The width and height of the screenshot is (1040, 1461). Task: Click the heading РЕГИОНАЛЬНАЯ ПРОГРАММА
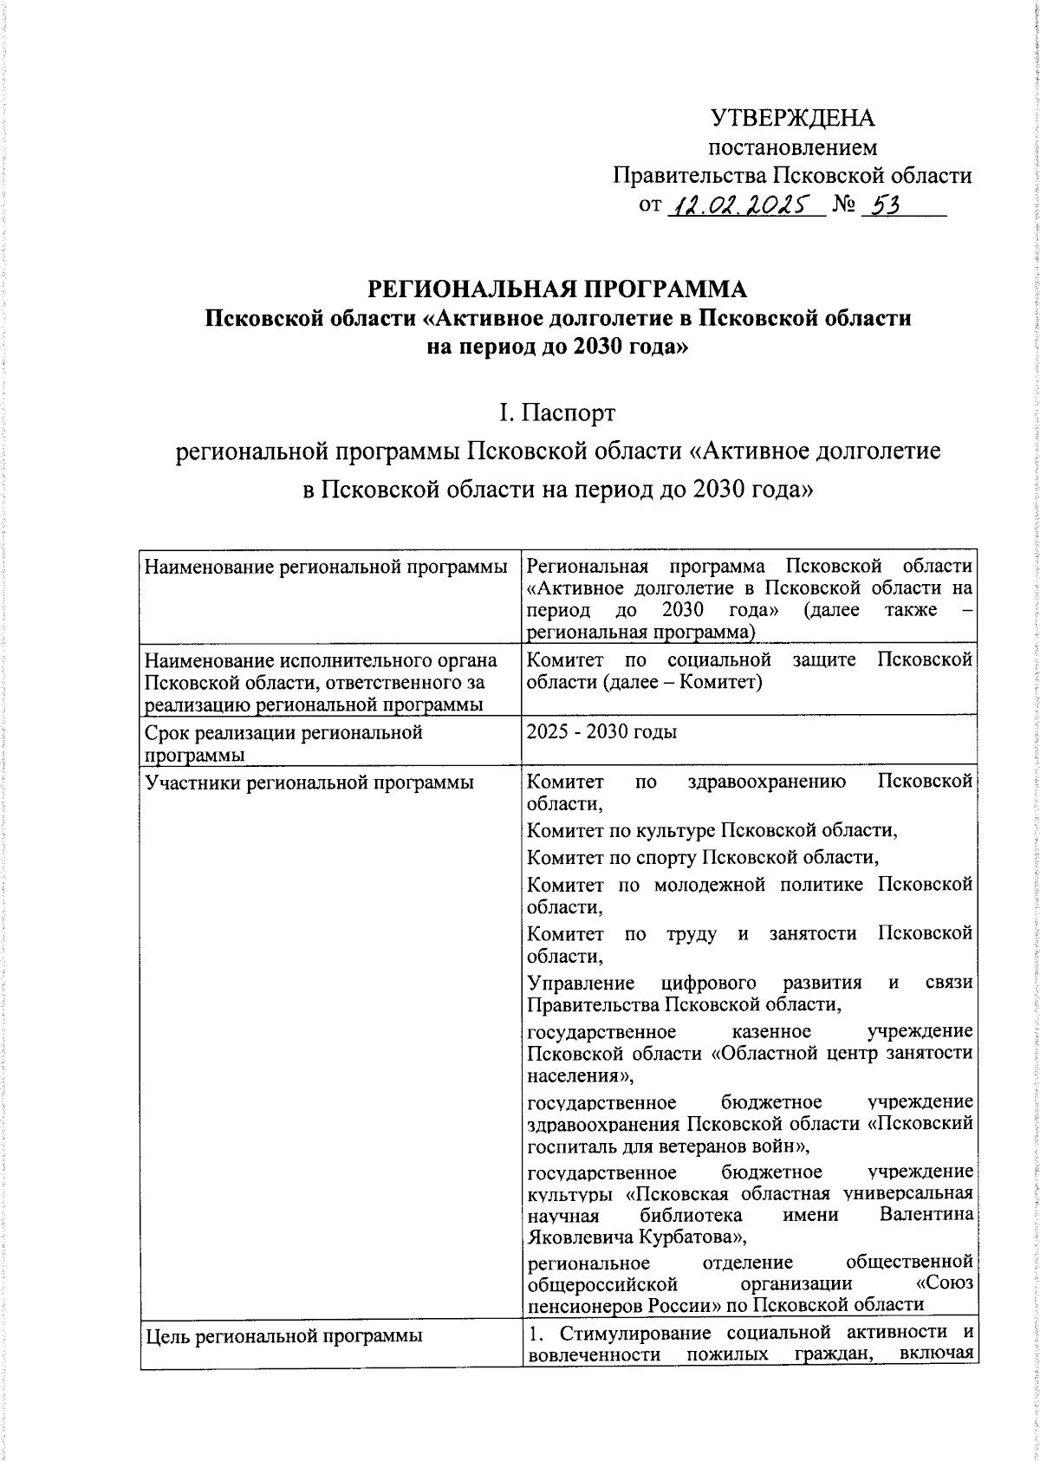point(557,289)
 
